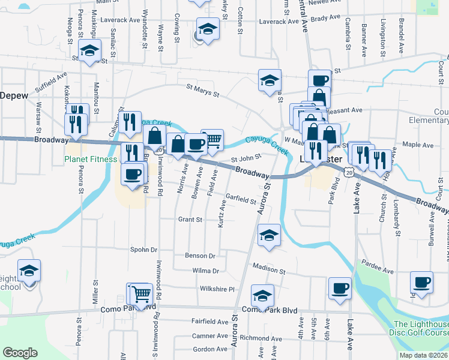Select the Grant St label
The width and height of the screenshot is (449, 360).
190,220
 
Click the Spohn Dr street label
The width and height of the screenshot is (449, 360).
143,249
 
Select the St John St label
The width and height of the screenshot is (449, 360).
246,158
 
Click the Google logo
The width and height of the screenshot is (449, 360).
20,352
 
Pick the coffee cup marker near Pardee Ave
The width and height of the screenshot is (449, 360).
421,282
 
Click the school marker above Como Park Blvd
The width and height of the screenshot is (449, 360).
262,295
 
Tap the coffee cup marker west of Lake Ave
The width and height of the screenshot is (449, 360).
340,287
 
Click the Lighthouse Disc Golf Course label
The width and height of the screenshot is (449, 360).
420,328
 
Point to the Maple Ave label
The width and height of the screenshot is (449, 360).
418,145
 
